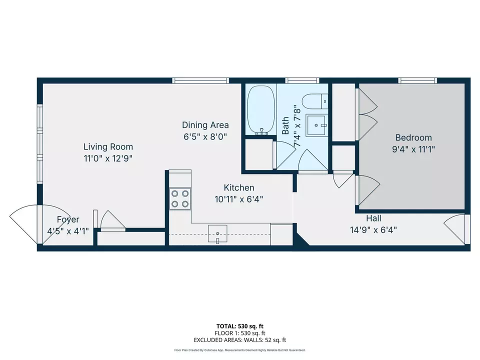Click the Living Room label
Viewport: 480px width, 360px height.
108,146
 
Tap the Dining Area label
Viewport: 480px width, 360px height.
205,125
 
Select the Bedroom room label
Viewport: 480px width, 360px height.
413,137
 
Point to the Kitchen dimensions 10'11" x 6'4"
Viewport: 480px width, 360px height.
239,198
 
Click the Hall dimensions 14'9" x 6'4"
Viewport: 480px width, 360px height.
373,230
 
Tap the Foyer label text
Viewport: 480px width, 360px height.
68,219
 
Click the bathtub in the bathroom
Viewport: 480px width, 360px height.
260,110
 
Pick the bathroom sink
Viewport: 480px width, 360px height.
316,124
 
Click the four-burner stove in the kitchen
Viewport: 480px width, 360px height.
179,198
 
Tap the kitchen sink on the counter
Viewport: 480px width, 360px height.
217,233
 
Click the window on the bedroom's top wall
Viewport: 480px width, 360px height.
417,80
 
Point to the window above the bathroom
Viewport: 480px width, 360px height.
302,80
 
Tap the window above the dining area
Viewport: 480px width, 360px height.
200,80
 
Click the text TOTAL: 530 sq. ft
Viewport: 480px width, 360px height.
240,325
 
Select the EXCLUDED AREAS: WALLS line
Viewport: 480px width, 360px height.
240,340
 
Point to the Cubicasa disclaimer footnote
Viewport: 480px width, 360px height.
240,350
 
